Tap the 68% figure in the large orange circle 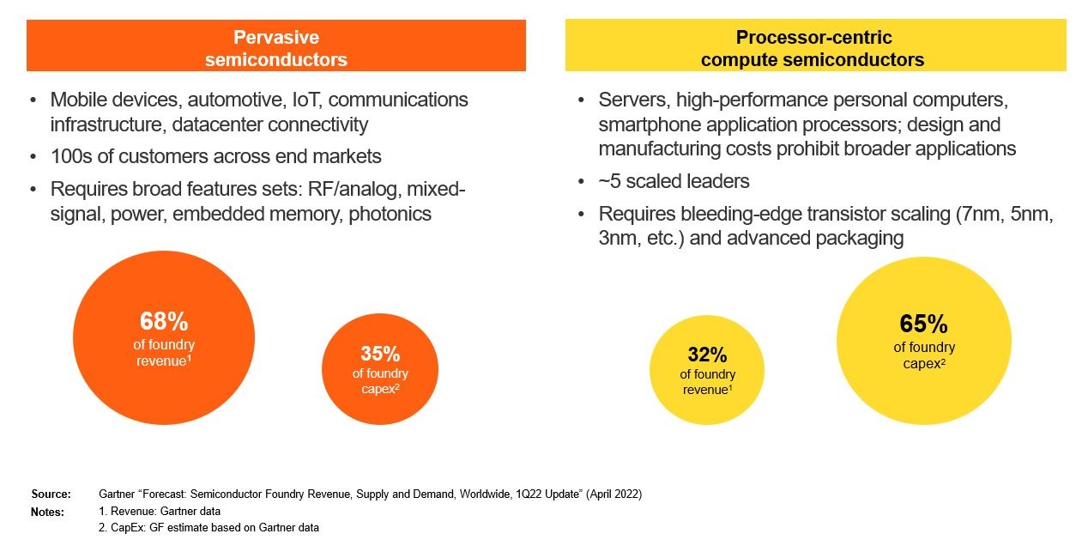click(164, 322)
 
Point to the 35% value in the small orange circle click(380, 354)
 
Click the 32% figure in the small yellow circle click(707, 355)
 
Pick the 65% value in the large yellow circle click(923, 324)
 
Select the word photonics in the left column click(390, 214)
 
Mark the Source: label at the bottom click(51, 494)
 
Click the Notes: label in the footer click(48, 512)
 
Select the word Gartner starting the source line click(118, 494)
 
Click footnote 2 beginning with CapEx click(209, 528)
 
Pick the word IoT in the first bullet click(300, 100)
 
